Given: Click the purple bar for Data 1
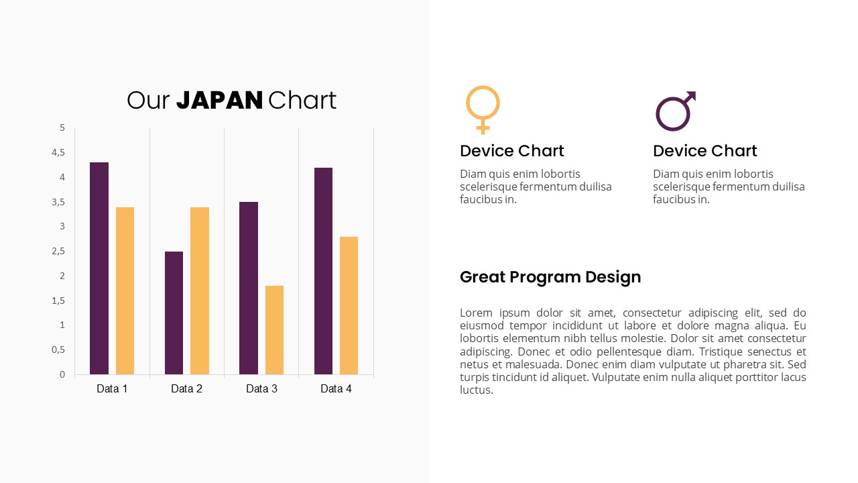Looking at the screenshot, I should pyautogui.click(x=99, y=268).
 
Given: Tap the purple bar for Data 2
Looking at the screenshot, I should pyautogui.click(x=174, y=313).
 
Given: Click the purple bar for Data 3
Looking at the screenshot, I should pyautogui.click(x=249, y=288).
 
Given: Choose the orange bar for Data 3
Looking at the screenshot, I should pyautogui.click(x=274, y=330).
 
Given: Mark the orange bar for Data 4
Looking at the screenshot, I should pyautogui.click(x=349, y=305).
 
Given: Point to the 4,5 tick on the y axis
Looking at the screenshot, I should pyautogui.click(x=59, y=152).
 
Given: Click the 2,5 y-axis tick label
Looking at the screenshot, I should pyautogui.click(x=59, y=251).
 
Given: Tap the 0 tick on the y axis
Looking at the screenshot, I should pyautogui.click(x=62, y=374).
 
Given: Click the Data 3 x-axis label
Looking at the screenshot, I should pyautogui.click(x=261, y=388).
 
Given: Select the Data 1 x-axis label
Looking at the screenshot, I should pyautogui.click(x=112, y=388).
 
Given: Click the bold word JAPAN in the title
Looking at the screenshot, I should pyautogui.click(x=219, y=101).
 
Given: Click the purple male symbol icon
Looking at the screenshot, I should pyautogui.click(x=675, y=111).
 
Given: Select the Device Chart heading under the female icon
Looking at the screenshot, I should pyautogui.click(x=512, y=151).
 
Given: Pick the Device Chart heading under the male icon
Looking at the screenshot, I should pyautogui.click(x=705, y=151).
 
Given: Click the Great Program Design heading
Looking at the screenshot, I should pyautogui.click(x=550, y=277).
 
